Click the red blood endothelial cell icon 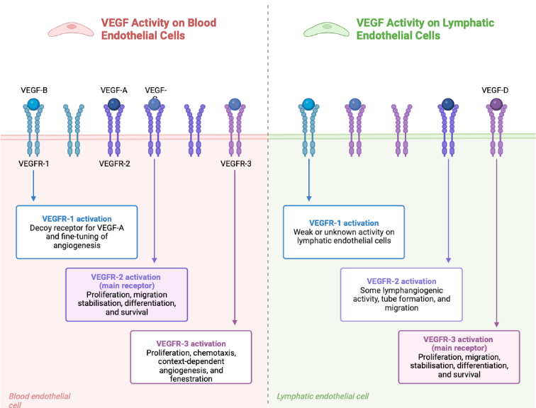[x=72, y=29]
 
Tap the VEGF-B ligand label [x=34, y=90]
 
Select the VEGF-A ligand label [x=113, y=90]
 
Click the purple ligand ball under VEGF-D [x=496, y=105]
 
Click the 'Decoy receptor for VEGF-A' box [x=76, y=232]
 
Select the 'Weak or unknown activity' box [x=343, y=232]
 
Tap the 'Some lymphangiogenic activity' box [x=401, y=294]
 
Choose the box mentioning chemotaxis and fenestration [x=191, y=356]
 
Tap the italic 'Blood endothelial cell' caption [x=39, y=400]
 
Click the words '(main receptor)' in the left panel [x=125, y=285]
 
